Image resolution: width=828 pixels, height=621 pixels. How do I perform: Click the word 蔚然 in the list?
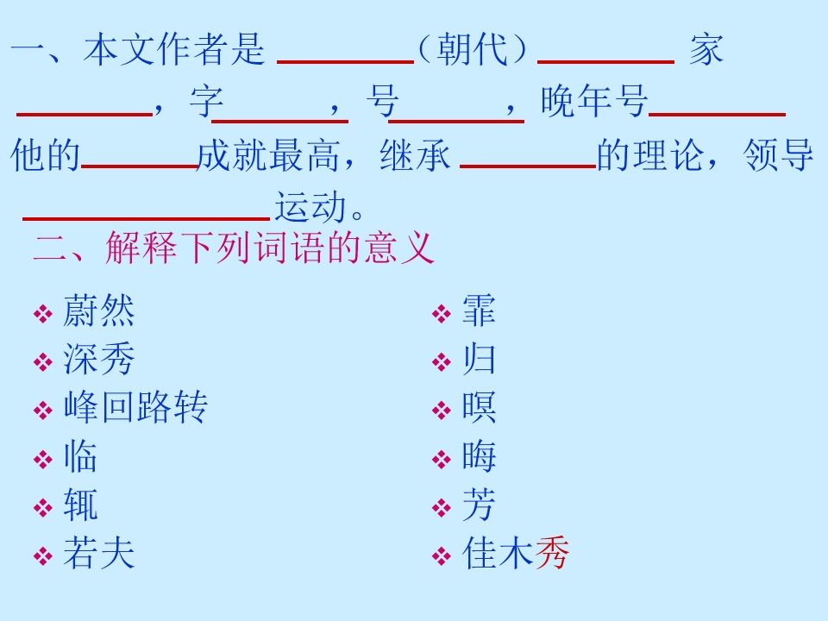[98, 310]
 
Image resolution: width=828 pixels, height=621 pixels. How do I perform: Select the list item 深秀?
[98, 359]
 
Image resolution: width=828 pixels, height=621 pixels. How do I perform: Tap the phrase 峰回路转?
[135, 407]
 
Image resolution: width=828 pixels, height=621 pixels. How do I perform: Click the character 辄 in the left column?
[80, 505]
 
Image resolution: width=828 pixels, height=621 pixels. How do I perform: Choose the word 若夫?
[98, 553]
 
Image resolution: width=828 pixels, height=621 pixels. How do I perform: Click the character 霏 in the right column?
[479, 310]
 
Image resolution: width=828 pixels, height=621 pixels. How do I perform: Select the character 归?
[479, 359]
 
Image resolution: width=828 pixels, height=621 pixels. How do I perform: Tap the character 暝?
[479, 407]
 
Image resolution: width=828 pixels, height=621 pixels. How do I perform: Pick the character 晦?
[479, 455]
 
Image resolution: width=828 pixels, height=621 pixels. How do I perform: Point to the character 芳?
[479, 505]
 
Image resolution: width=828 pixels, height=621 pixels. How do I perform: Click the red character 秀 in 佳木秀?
[552, 553]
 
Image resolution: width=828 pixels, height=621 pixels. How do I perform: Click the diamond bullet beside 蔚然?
[43, 314]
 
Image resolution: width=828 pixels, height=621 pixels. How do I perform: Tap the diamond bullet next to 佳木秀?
[442, 556]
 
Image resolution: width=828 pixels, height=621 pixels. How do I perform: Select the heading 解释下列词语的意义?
[269, 248]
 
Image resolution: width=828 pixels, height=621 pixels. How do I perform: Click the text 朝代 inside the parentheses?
[472, 49]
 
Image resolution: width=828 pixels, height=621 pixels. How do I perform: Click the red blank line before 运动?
[147, 217]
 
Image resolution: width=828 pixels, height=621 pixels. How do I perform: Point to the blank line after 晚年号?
[717, 114]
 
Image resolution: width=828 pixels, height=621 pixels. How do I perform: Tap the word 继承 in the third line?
[415, 155]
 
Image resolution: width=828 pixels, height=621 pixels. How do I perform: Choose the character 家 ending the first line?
[706, 49]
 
